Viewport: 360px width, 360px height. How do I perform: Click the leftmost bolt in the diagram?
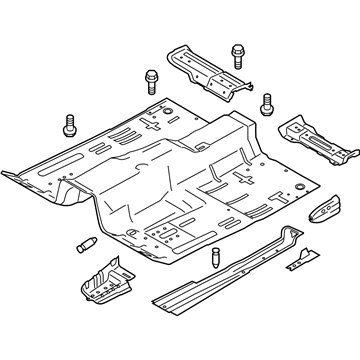pos(71,126)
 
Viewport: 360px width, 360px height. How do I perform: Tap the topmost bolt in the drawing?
pos(238,51)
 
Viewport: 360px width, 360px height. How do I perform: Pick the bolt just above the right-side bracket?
pos(267,103)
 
